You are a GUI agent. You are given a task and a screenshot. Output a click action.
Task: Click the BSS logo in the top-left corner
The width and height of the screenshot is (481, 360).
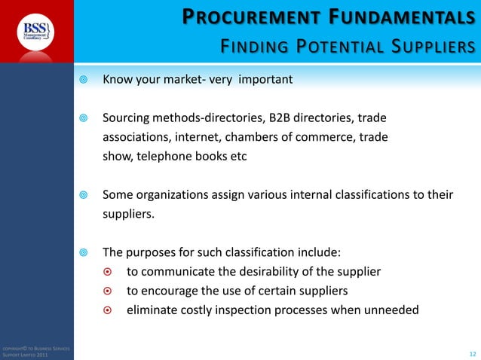click(36, 31)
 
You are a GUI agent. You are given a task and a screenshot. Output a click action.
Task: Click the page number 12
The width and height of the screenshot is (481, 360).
click(473, 352)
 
